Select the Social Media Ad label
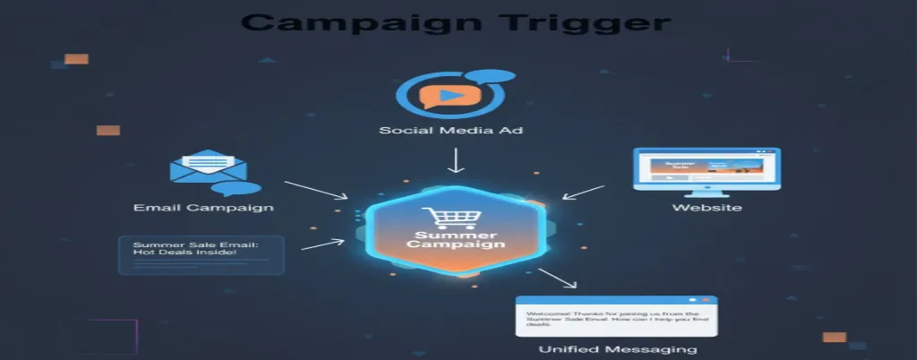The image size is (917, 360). [x=450, y=131]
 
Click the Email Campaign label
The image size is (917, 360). [x=203, y=208]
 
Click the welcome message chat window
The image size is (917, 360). [x=616, y=315]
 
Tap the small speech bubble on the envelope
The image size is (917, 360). [x=241, y=188]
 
